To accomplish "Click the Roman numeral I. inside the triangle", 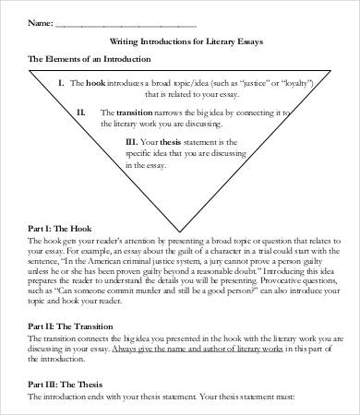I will (61, 82).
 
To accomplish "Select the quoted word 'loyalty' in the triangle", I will (307, 82).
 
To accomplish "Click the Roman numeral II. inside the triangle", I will (82, 112).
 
